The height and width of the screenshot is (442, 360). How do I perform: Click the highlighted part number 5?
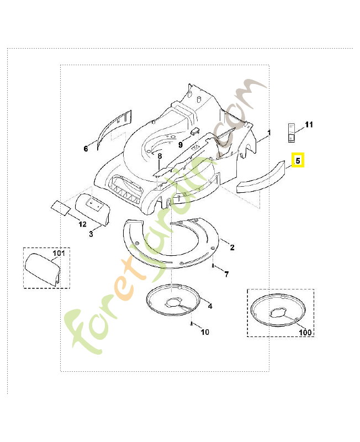point(298,161)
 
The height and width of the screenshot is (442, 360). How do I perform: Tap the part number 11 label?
point(309,125)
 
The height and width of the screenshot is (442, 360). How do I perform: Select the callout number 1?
point(269,133)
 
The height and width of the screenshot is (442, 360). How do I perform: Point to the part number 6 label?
point(86,149)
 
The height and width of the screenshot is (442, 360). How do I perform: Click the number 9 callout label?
point(180,145)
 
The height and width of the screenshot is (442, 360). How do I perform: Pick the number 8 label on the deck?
point(160,156)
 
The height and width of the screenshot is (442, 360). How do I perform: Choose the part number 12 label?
point(82,224)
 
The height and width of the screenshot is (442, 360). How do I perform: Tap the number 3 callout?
point(91,234)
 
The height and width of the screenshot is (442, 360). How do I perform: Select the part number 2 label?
point(232,248)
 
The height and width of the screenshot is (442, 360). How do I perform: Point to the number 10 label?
point(205,332)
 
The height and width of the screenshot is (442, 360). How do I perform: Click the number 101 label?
point(59,254)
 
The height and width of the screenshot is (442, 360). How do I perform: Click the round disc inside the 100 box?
point(279,311)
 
